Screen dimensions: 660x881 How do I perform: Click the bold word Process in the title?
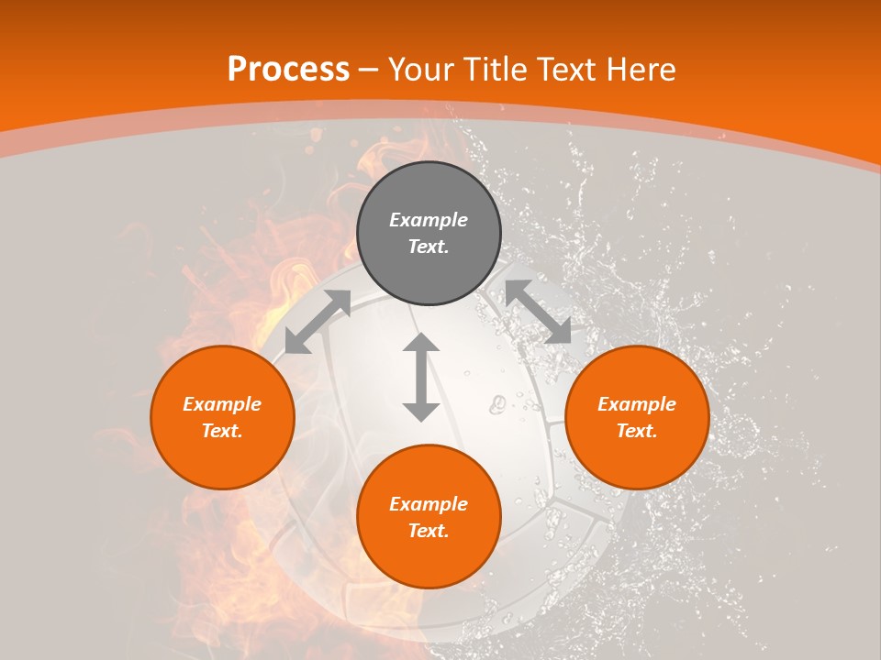(288, 70)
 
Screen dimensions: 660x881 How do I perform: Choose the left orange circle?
(222, 417)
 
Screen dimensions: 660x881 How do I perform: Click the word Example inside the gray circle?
(429, 220)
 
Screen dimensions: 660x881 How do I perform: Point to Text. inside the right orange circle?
(637, 431)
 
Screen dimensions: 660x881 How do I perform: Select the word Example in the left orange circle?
(222, 404)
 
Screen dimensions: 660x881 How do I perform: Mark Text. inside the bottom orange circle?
(429, 531)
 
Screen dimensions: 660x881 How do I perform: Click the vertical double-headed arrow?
(421, 378)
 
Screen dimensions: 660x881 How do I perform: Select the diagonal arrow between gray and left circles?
(318, 322)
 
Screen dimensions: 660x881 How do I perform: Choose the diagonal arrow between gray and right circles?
(538, 313)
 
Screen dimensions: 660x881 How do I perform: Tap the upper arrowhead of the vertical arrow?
(421, 344)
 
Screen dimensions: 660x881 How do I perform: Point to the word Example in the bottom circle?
(429, 504)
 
